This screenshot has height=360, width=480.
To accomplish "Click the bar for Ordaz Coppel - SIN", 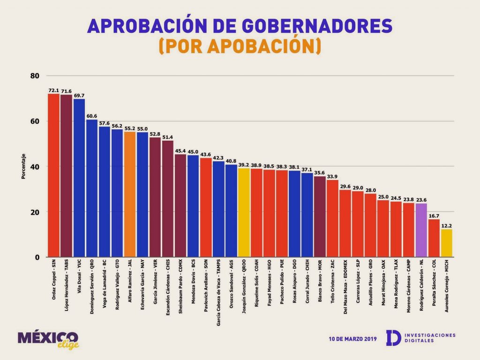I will point(53,175).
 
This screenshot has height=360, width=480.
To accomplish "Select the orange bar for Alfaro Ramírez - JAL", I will point(130,194).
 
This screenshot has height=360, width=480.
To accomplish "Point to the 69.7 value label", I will point(79,95).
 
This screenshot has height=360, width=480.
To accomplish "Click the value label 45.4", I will point(180,151).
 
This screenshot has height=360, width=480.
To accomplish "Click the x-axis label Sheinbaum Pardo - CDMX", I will point(180,286).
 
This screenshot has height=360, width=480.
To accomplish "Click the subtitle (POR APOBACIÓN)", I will point(240,46).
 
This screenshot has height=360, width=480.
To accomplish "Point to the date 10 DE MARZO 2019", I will point(353,338).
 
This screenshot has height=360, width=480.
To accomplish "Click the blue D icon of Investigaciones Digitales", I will point(393,338).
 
